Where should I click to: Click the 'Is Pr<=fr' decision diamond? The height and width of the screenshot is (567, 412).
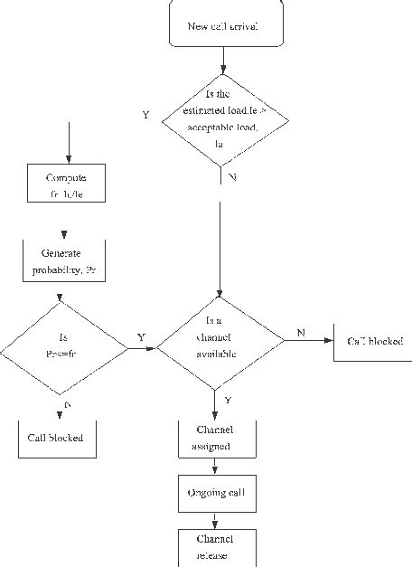click(62, 347)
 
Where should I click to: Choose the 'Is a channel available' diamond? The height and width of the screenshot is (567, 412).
click(220, 343)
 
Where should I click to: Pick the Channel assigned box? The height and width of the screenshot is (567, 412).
click(214, 437)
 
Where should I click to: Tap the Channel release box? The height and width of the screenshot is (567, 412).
click(214, 547)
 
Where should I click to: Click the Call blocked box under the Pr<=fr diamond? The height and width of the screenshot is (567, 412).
click(55, 438)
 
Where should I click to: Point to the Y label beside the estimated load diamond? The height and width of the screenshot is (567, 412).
click(145, 116)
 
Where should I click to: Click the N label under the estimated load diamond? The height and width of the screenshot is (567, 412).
click(232, 177)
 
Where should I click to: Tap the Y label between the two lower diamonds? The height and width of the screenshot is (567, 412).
click(141, 336)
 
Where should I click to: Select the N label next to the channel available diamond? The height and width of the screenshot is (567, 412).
click(301, 333)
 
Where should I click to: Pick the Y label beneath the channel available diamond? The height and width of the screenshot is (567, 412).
click(227, 400)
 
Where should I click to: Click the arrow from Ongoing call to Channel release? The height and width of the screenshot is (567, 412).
click(214, 520)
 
